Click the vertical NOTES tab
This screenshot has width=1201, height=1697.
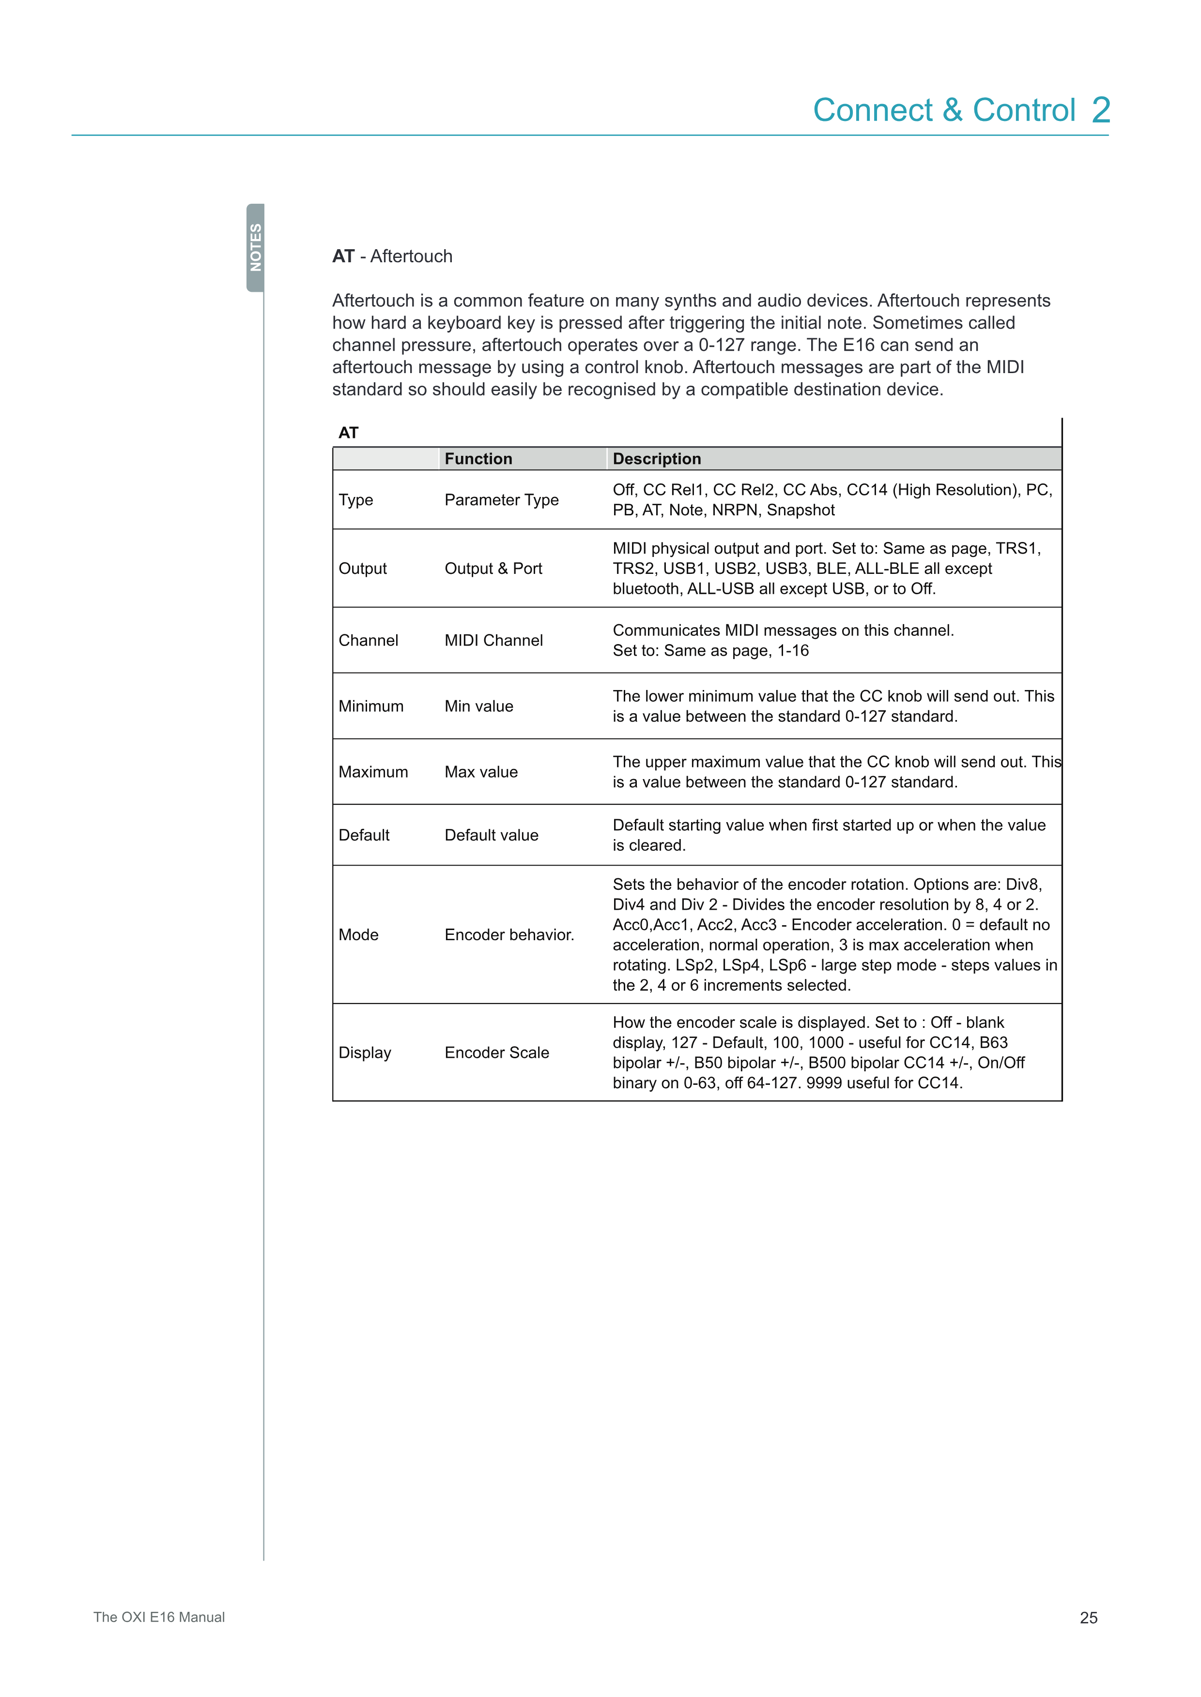(255, 248)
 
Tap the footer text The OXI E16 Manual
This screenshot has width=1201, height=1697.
(159, 1617)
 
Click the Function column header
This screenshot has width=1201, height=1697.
(478, 459)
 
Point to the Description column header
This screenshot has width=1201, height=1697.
(657, 459)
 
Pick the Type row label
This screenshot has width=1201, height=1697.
(356, 500)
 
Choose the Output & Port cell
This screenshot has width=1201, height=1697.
(493, 569)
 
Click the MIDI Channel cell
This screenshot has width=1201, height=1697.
(493, 641)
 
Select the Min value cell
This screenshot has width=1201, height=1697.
(478, 706)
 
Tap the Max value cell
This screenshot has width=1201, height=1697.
(481, 772)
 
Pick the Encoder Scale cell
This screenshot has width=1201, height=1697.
(496, 1053)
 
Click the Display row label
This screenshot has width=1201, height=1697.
(365, 1053)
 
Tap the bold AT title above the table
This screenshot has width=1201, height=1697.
(348, 433)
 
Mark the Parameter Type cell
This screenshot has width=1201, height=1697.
(501, 500)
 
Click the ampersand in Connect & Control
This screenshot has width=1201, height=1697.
(953, 111)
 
